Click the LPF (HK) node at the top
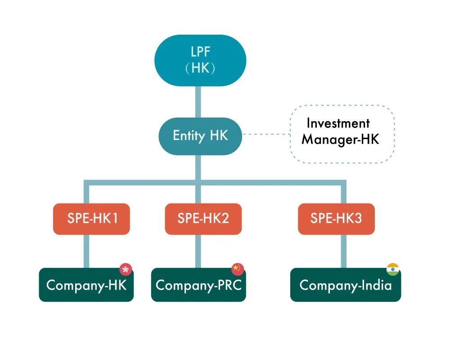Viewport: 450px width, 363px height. pyautogui.click(x=200, y=60)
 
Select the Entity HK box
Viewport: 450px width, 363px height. pyautogui.click(x=200, y=136)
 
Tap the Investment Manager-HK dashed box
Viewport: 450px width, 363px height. pyautogui.click(x=341, y=134)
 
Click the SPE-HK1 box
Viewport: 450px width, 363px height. pyautogui.click(x=91, y=219)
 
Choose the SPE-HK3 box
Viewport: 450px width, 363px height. pyautogui.click(x=336, y=219)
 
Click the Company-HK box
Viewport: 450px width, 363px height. pyautogui.click(x=86, y=285)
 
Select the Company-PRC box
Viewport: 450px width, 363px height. pyautogui.click(x=198, y=285)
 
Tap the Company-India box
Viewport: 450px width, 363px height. pyautogui.click(x=345, y=285)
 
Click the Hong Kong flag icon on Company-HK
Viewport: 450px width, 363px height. pyautogui.click(x=126, y=269)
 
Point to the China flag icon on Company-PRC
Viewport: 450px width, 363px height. pyautogui.click(x=237, y=269)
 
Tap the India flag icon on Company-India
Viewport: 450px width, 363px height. pyautogui.click(x=393, y=269)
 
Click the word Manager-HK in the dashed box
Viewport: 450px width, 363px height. pyautogui.click(x=340, y=140)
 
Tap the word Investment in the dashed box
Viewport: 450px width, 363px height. pyautogui.click(x=338, y=123)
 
